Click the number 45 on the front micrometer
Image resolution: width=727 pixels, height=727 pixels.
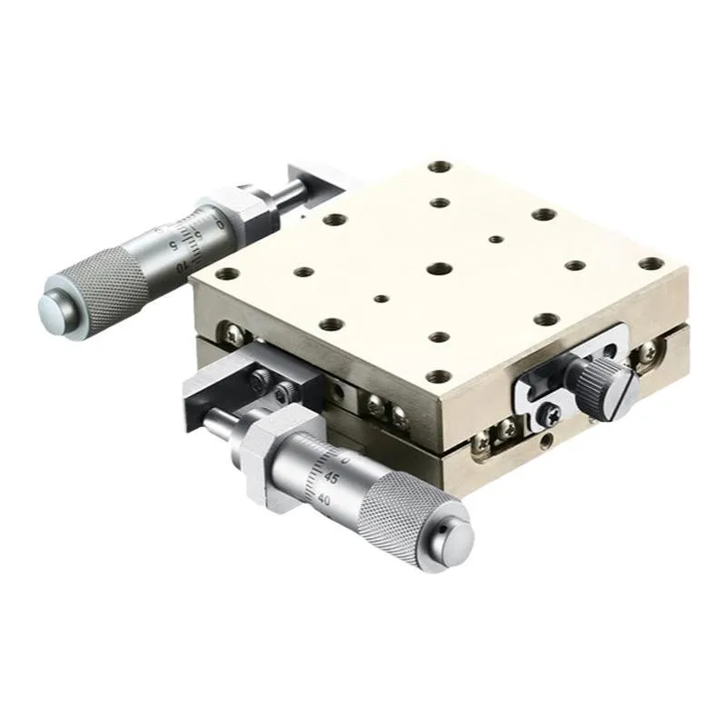pos(332,478)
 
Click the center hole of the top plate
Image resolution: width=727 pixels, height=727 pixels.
pos(440,270)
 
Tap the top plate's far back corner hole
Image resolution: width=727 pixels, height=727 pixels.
pos(441,167)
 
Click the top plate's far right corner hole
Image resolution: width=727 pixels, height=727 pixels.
pos(651,264)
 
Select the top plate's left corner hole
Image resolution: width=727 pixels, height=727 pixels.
pos(228,274)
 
